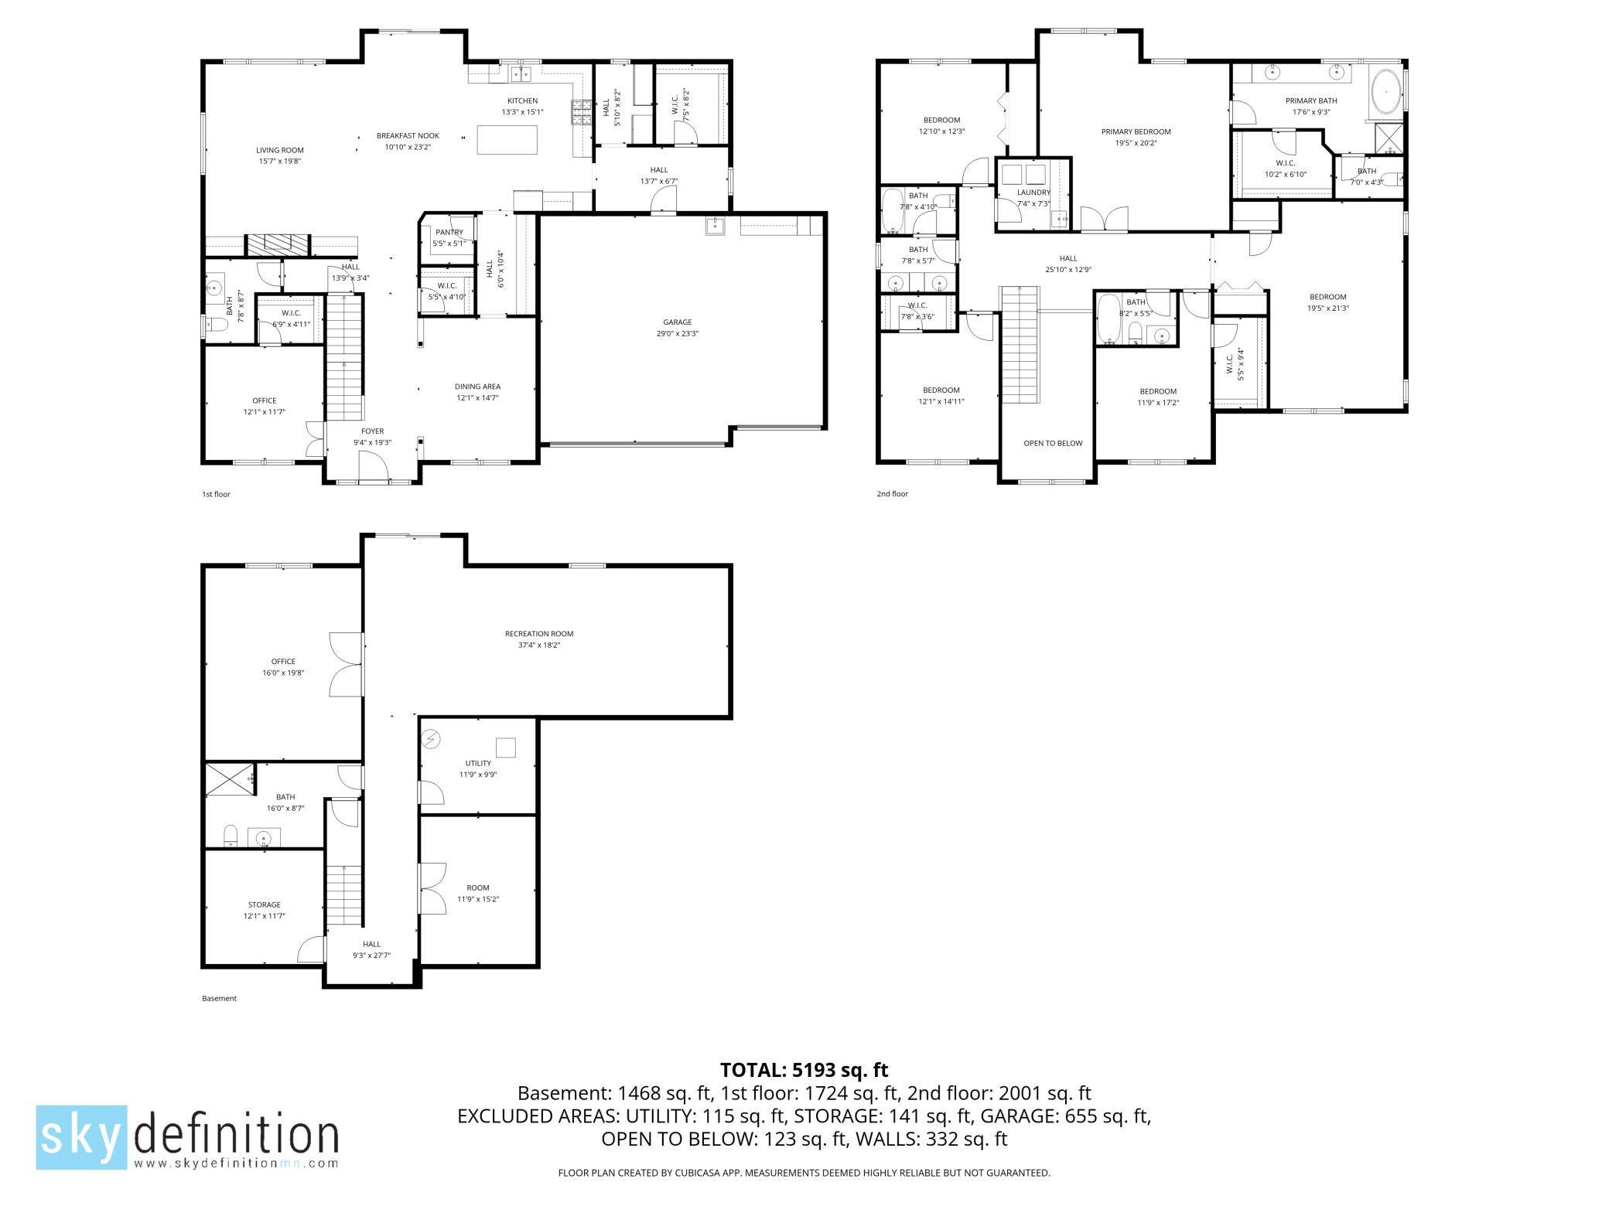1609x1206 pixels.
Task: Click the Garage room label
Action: [677, 322]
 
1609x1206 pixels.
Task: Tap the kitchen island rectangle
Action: [507, 140]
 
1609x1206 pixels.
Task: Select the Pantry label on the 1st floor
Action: [449, 232]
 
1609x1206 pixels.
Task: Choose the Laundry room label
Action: [1033, 192]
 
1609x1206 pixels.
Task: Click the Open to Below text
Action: [1053, 443]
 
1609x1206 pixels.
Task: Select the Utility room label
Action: [478, 763]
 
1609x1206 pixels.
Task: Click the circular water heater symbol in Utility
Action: [431, 740]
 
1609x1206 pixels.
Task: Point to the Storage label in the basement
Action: [264, 904]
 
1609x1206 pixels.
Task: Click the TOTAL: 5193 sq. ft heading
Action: [804, 1070]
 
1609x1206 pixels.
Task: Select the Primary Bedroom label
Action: [1136, 131]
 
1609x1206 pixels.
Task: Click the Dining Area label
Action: [477, 387]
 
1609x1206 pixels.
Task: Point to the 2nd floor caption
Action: [892, 494]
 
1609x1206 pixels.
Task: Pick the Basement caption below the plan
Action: [219, 998]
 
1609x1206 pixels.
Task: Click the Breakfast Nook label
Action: [408, 135]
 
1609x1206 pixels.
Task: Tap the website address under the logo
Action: [236, 1163]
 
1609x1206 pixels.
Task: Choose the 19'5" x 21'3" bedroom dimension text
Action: [1327, 308]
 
